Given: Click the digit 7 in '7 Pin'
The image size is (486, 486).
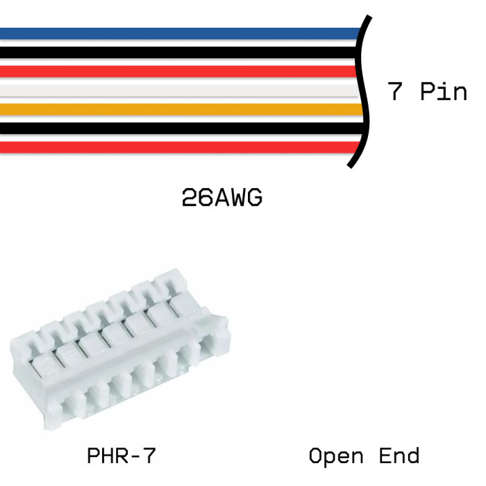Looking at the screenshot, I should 396,91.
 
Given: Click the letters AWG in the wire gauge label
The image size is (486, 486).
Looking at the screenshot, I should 237,199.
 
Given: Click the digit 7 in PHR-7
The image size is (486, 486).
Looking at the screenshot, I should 149,456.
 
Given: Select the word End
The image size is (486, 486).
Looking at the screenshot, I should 399,456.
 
